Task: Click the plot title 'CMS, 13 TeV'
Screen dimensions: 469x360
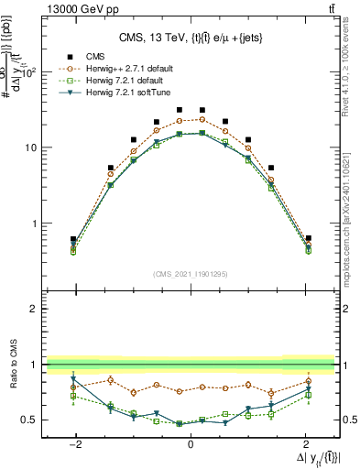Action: pos(190,38)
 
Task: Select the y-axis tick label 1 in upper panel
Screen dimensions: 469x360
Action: pos(33,224)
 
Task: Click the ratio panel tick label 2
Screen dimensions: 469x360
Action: pos(32,310)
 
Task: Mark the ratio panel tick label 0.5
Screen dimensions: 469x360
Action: pos(27,420)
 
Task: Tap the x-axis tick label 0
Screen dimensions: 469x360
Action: pos(190,442)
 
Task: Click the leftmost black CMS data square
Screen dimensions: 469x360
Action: pos(72,239)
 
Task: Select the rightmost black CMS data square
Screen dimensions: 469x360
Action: pos(308,238)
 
